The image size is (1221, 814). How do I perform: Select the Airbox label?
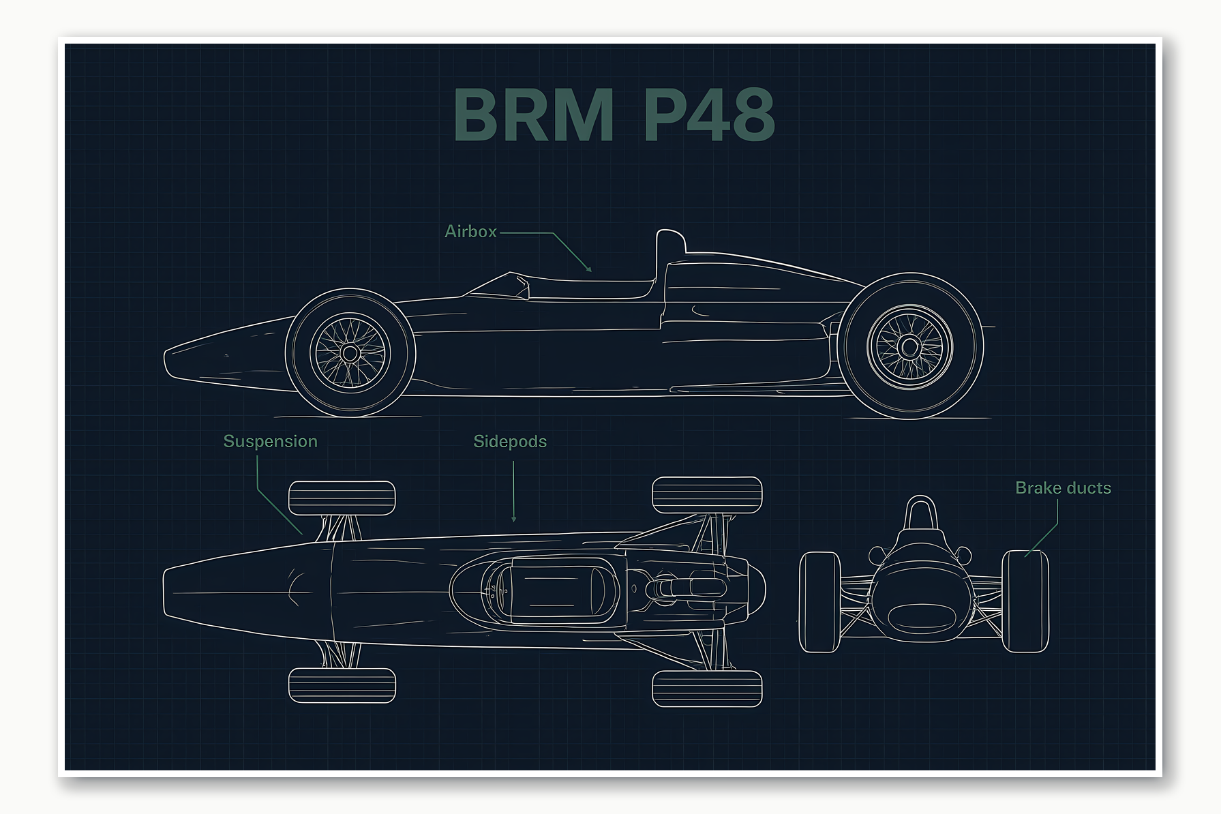point(470,232)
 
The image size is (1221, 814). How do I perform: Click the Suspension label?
point(270,442)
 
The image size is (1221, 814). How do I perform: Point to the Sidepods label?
point(510,442)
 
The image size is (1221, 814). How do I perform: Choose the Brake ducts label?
point(1063,488)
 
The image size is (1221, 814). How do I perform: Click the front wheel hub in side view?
point(350,353)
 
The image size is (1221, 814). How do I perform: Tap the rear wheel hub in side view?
point(909,347)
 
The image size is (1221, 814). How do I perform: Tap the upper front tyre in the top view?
point(342,498)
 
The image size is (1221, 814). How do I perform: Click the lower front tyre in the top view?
point(342,685)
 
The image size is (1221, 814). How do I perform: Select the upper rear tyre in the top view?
point(707,495)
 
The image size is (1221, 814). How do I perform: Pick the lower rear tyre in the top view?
point(707,689)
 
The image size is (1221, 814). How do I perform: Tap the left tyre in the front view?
point(819,602)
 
